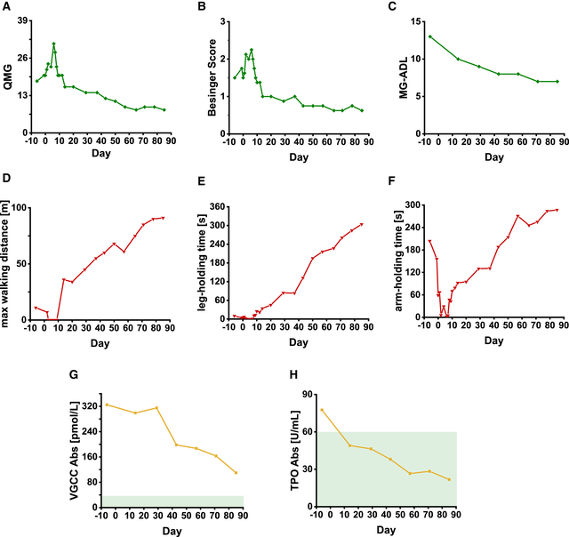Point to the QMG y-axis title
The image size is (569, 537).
pyautogui.click(x=8, y=76)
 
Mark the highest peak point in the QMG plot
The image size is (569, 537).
pyautogui.click(x=53, y=43)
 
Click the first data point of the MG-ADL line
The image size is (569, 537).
pyautogui.click(x=430, y=36)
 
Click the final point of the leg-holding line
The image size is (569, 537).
pyautogui.click(x=362, y=224)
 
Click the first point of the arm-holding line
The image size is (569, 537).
pyautogui.click(x=429, y=241)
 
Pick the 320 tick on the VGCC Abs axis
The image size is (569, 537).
pyautogui.click(x=92, y=406)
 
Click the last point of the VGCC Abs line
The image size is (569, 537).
pyautogui.click(x=236, y=472)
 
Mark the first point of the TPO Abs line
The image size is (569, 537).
pyautogui.click(x=322, y=410)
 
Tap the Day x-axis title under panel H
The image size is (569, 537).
pyautogui.click(x=386, y=531)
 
